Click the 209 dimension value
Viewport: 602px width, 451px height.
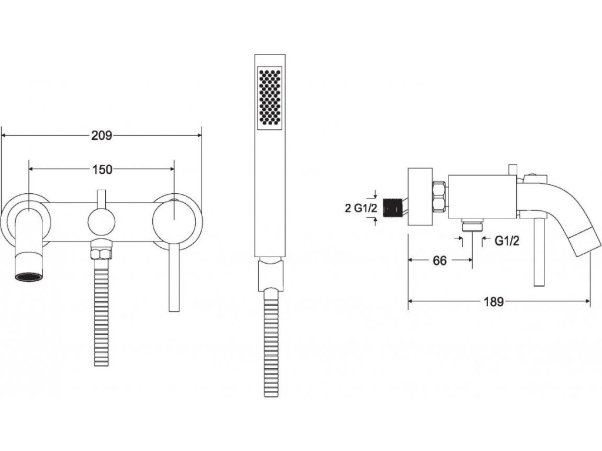(102, 136)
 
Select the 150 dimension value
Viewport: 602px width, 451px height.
(102, 169)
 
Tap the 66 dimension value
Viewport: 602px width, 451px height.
(440, 261)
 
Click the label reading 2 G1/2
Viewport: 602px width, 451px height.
(360, 207)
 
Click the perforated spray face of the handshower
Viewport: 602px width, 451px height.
(270, 96)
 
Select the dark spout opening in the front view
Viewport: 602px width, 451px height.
(28, 277)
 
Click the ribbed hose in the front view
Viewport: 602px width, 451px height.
(102, 311)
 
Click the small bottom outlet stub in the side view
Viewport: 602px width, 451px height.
(472, 226)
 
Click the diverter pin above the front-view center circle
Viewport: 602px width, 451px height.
(102, 198)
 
